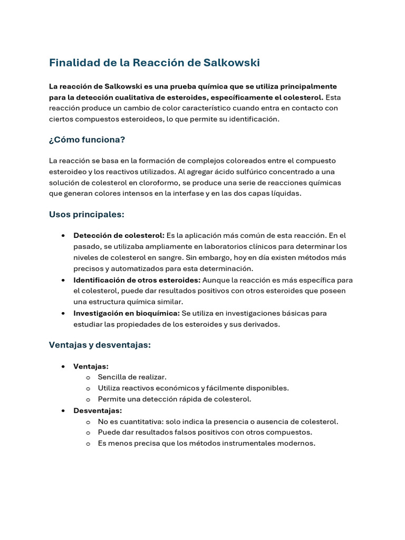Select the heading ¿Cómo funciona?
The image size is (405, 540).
(87, 140)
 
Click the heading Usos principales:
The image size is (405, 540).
(86, 215)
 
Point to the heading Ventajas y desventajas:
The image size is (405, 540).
(100, 345)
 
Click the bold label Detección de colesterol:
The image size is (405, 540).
(119, 235)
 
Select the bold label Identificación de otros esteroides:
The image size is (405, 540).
(137, 279)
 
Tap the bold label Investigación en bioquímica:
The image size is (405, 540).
(126, 313)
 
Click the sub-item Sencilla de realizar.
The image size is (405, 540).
(132, 377)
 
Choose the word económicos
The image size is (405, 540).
(171, 388)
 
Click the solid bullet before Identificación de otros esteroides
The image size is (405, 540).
(63, 280)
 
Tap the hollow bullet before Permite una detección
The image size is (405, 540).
(88, 400)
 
